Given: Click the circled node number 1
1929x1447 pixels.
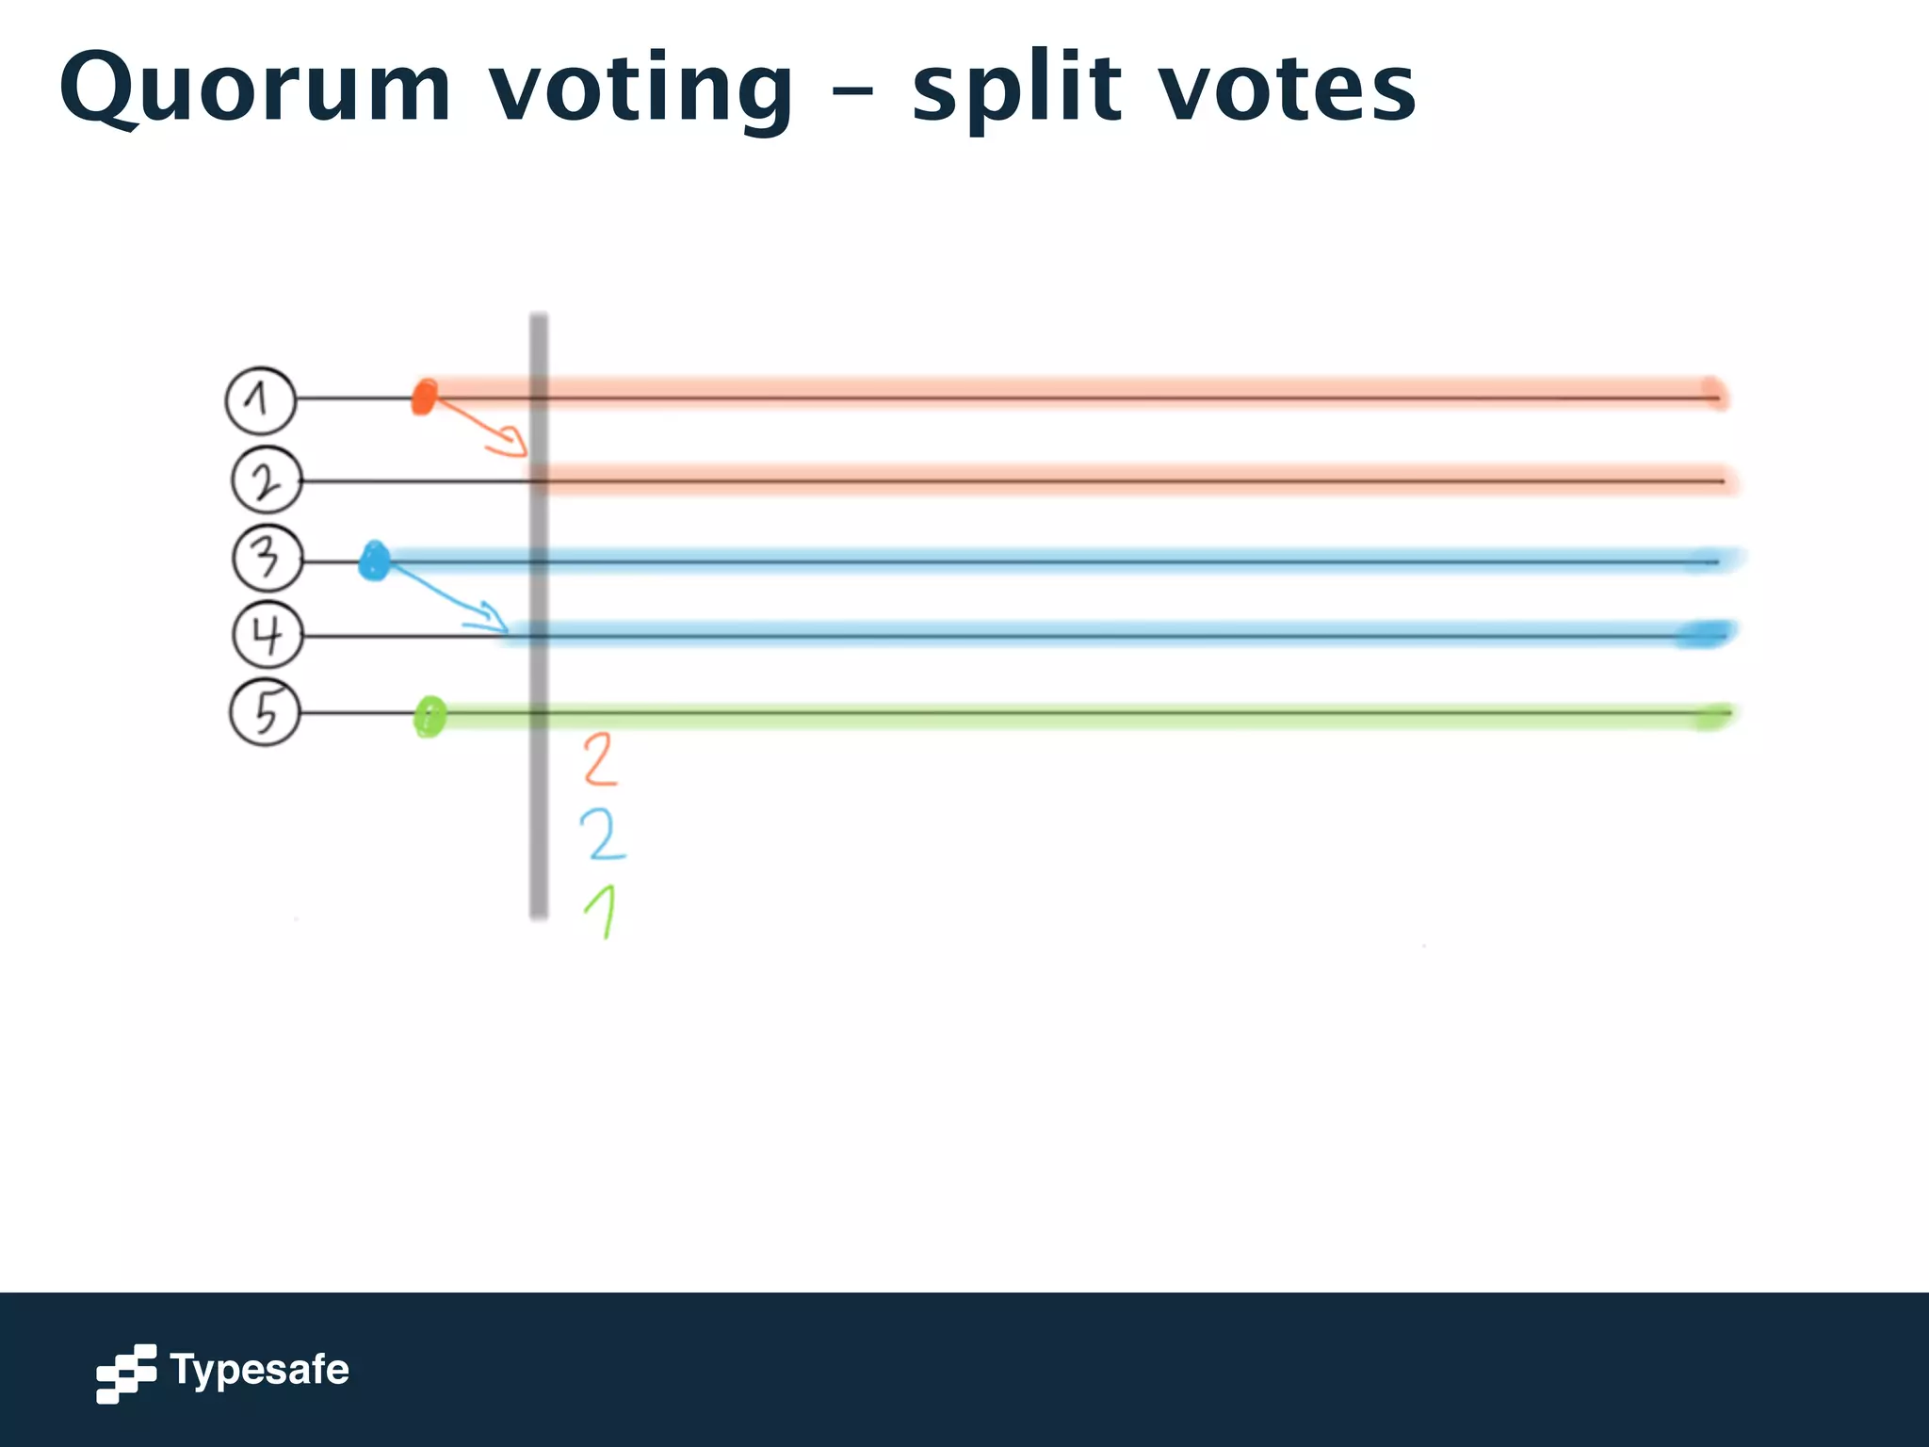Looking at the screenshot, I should pyautogui.click(x=261, y=400).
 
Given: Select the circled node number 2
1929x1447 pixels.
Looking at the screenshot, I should pyautogui.click(x=267, y=481).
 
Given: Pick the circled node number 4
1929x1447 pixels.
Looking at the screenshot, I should pyautogui.click(x=267, y=635).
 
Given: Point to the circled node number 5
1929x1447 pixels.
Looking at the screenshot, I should pyautogui.click(x=266, y=712).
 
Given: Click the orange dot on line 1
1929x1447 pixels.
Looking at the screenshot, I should pyautogui.click(x=425, y=397).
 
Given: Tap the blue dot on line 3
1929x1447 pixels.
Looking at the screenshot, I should pyautogui.click(x=375, y=561).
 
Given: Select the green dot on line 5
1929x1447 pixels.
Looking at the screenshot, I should pyautogui.click(x=430, y=717).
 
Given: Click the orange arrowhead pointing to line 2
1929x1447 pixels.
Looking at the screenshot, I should pyautogui.click(x=514, y=442).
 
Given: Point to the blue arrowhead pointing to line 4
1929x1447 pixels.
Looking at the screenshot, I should pyautogui.click(x=493, y=618).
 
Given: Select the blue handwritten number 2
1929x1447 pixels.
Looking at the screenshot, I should pyautogui.click(x=602, y=835).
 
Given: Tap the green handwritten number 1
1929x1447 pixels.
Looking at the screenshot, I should pyautogui.click(x=602, y=911).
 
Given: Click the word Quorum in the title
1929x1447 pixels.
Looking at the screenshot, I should pyautogui.click(x=255, y=89).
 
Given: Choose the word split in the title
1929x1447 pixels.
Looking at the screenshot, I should pyautogui.click(x=1017, y=89).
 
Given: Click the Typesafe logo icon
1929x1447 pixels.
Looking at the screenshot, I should pyautogui.click(x=126, y=1373).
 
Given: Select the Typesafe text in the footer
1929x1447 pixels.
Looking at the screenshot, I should pyautogui.click(x=259, y=1370).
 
